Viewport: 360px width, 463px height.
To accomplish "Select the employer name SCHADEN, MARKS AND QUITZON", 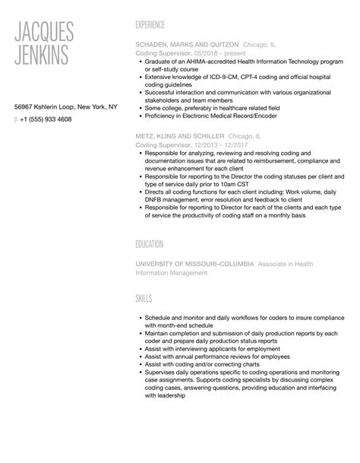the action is pyautogui.click(x=186, y=45).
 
